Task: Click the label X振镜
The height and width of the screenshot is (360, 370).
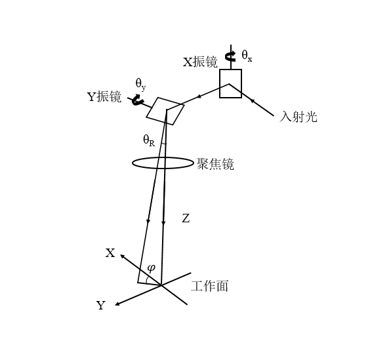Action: [x=200, y=62]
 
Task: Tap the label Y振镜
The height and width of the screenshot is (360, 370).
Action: [x=104, y=96]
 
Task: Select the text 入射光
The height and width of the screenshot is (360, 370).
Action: [x=298, y=117]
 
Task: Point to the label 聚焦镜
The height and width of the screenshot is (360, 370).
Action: [x=215, y=164]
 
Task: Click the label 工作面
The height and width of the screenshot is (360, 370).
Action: [x=209, y=286]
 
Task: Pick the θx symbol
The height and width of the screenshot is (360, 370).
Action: [x=247, y=56]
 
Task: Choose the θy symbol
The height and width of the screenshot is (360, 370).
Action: [x=140, y=84]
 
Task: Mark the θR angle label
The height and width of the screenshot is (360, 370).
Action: [x=149, y=140]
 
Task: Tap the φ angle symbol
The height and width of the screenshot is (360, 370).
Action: [x=151, y=268]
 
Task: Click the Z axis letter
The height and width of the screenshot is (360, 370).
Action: [x=186, y=218]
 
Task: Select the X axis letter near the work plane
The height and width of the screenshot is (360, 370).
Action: [x=110, y=253]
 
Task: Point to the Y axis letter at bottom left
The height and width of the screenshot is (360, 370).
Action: [x=101, y=306]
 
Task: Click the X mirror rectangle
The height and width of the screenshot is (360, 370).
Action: [x=230, y=83]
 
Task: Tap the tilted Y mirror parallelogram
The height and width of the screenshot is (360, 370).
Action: [x=165, y=111]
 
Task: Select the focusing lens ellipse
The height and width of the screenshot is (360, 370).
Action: [x=163, y=157]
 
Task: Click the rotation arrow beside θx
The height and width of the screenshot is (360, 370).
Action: [x=230, y=56]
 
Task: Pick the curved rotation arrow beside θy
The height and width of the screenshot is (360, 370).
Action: [x=138, y=100]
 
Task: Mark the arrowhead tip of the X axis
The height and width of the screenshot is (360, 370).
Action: [x=120, y=255]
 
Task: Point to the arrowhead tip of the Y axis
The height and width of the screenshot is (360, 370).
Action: [x=115, y=306]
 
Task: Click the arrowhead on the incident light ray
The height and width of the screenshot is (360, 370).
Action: [x=252, y=101]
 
